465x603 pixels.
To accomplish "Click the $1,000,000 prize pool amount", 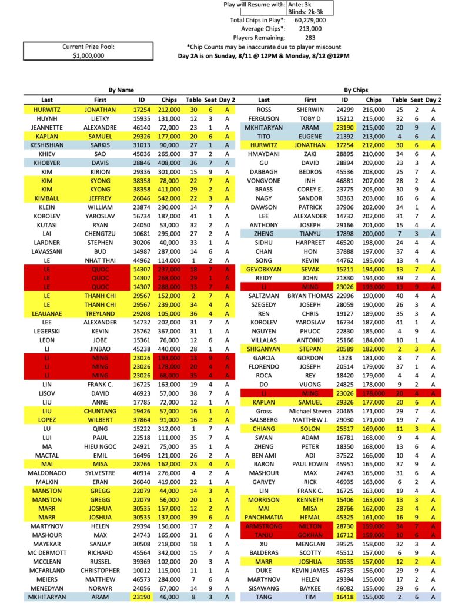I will [x=82, y=55].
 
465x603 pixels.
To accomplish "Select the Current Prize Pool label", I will [x=82, y=47].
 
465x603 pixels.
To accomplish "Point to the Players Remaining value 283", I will [x=310, y=37].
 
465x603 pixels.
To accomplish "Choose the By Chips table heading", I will [x=356, y=90].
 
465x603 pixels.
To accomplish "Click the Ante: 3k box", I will [x=300, y=4].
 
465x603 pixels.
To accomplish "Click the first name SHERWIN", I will [x=310, y=110].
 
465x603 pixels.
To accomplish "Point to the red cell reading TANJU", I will [x=264, y=535].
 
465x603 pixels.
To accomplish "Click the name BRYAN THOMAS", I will [x=310, y=296].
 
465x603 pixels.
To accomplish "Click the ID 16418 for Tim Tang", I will [x=344, y=597].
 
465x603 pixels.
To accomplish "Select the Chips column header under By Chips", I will [x=373, y=100].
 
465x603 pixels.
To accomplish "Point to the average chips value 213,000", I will [x=310, y=28].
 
